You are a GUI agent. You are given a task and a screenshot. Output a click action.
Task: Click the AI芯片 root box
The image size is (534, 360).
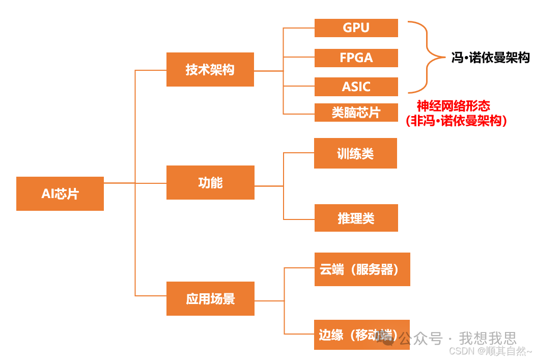pyautogui.click(x=60, y=193)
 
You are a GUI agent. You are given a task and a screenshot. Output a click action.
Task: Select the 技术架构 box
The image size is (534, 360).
pyautogui.click(x=210, y=69)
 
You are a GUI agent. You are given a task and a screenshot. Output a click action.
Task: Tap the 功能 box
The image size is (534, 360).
pyautogui.click(x=210, y=182)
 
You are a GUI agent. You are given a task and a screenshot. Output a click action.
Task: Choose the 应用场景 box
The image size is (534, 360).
pyautogui.click(x=210, y=298)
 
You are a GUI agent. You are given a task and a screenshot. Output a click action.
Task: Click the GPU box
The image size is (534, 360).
pyautogui.click(x=356, y=28)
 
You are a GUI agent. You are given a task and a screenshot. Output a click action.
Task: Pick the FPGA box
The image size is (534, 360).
pyautogui.click(x=356, y=58)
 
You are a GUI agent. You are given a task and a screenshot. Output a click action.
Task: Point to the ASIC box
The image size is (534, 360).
pyautogui.click(x=356, y=87)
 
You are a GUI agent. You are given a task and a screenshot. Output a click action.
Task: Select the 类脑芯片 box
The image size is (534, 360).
pyautogui.click(x=356, y=113)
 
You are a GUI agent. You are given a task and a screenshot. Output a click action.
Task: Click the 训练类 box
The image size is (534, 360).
pyautogui.click(x=355, y=153)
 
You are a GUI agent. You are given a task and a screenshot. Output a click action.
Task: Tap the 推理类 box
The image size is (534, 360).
pyautogui.click(x=356, y=218)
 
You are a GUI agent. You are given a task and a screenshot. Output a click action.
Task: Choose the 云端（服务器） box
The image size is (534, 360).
pyautogui.click(x=362, y=269)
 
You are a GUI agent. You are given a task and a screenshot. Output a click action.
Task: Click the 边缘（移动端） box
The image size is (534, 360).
pyautogui.click(x=362, y=335)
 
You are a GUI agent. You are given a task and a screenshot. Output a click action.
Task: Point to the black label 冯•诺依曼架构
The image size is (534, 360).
pyautogui.click(x=490, y=58)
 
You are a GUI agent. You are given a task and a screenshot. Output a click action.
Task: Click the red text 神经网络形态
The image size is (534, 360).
pyautogui.click(x=453, y=106)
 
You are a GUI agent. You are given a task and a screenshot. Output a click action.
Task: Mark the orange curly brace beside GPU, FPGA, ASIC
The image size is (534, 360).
pyautogui.click(x=428, y=58)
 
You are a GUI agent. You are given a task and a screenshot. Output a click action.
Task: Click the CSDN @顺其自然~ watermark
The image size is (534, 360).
pyautogui.click(x=490, y=351)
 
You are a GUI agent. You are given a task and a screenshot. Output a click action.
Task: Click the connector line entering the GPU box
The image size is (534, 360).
pyautogui.click(x=299, y=28)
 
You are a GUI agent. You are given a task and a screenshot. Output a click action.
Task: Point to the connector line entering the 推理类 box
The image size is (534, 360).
pyautogui.click(x=299, y=219)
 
